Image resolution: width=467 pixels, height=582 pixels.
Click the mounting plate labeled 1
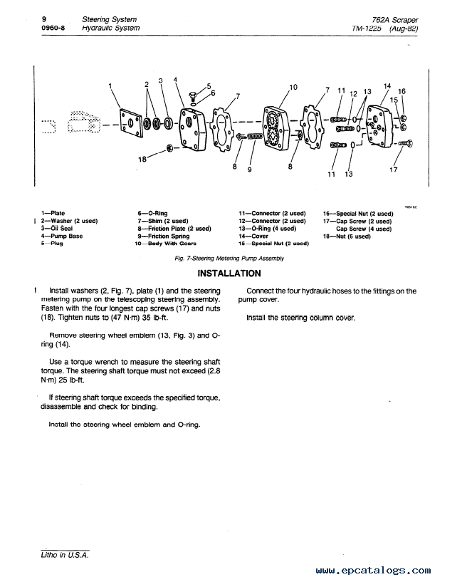pyautogui.click(x=131, y=123)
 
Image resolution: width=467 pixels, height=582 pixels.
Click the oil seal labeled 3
pyautogui.click(x=169, y=123)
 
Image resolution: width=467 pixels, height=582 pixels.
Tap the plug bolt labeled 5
pyautogui.click(x=192, y=96)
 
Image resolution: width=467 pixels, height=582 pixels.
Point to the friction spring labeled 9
pyautogui.click(x=255, y=136)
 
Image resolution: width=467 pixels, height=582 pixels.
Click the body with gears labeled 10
pyautogui.click(x=276, y=128)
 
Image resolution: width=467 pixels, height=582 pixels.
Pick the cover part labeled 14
pyautogui.click(x=379, y=124)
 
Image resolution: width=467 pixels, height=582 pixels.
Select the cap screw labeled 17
pyautogui.click(x=405, y=143)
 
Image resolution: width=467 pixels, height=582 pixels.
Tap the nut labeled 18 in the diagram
pyautogui.click(x=170, y=148)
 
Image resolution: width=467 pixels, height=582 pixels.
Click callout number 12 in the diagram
pyautogui.click(x=353, y=94)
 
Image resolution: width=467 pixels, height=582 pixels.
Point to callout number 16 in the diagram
pyautogui.click(x=402, y=91)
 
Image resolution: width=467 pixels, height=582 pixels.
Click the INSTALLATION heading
pyautogui.click(x=229, y=274)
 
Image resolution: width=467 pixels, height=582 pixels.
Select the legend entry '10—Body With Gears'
pyautogui.click(x=165, y=244)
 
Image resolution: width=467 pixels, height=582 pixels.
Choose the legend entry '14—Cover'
pyautogui.click(x=253, y=236)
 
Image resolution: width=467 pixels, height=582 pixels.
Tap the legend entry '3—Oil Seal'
pyautogui.click(x=57, y=229)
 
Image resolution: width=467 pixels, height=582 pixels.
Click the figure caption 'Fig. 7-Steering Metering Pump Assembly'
pyautogui.click(x=229, y=259)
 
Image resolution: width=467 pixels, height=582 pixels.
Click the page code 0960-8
pyautogui.click(x=53, y=28)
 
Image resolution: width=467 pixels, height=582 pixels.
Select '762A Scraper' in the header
pyautogui.click(x=395, y=20)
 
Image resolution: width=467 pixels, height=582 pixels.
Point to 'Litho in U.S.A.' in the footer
pyautogui.click(x=65, y=555)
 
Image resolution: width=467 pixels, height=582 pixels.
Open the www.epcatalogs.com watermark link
pyautogui.click(x=374, y=570)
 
